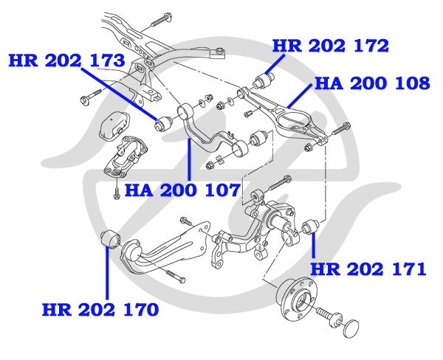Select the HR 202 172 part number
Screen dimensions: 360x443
click(x=330, y=46)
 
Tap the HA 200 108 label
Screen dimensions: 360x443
click(x=372, y=83)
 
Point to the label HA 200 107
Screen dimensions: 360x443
click(x=182, y=190)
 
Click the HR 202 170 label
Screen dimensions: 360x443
click(x=99, y=309)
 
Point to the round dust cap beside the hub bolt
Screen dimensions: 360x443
click(x=354, y=327)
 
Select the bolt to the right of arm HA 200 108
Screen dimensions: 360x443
click(x=339, y=131)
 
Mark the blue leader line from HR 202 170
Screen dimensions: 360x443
click(x=108, y=273)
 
